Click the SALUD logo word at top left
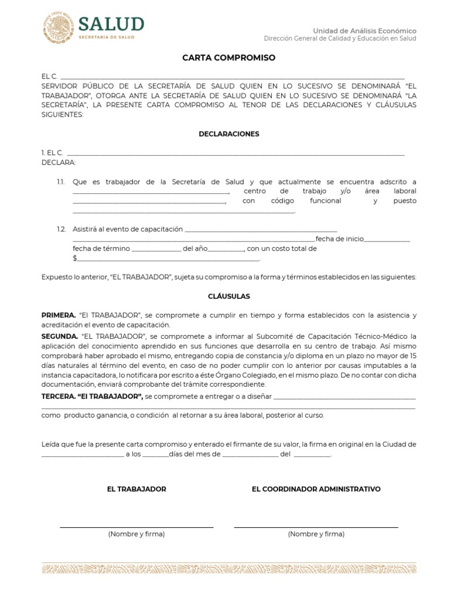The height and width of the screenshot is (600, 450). click(111, 23)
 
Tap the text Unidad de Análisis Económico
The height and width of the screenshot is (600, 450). click(364, 30)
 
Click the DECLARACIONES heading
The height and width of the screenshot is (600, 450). click(229, 134)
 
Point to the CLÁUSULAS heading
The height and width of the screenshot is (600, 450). click(229, 296)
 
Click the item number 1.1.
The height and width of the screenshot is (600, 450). click(61, 182)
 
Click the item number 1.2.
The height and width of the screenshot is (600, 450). click(61, 229)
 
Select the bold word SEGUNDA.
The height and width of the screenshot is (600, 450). click(60, 336)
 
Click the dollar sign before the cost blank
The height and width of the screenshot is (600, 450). click(74, 258)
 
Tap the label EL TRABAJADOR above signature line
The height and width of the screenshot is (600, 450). click(137, 489)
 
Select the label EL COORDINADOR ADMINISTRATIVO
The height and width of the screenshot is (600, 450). click(316, 489)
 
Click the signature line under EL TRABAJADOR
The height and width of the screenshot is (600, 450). click(137, 527)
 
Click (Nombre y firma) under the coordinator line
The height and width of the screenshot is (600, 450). click(316, 534)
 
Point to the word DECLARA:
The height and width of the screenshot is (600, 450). click(58, 162)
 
